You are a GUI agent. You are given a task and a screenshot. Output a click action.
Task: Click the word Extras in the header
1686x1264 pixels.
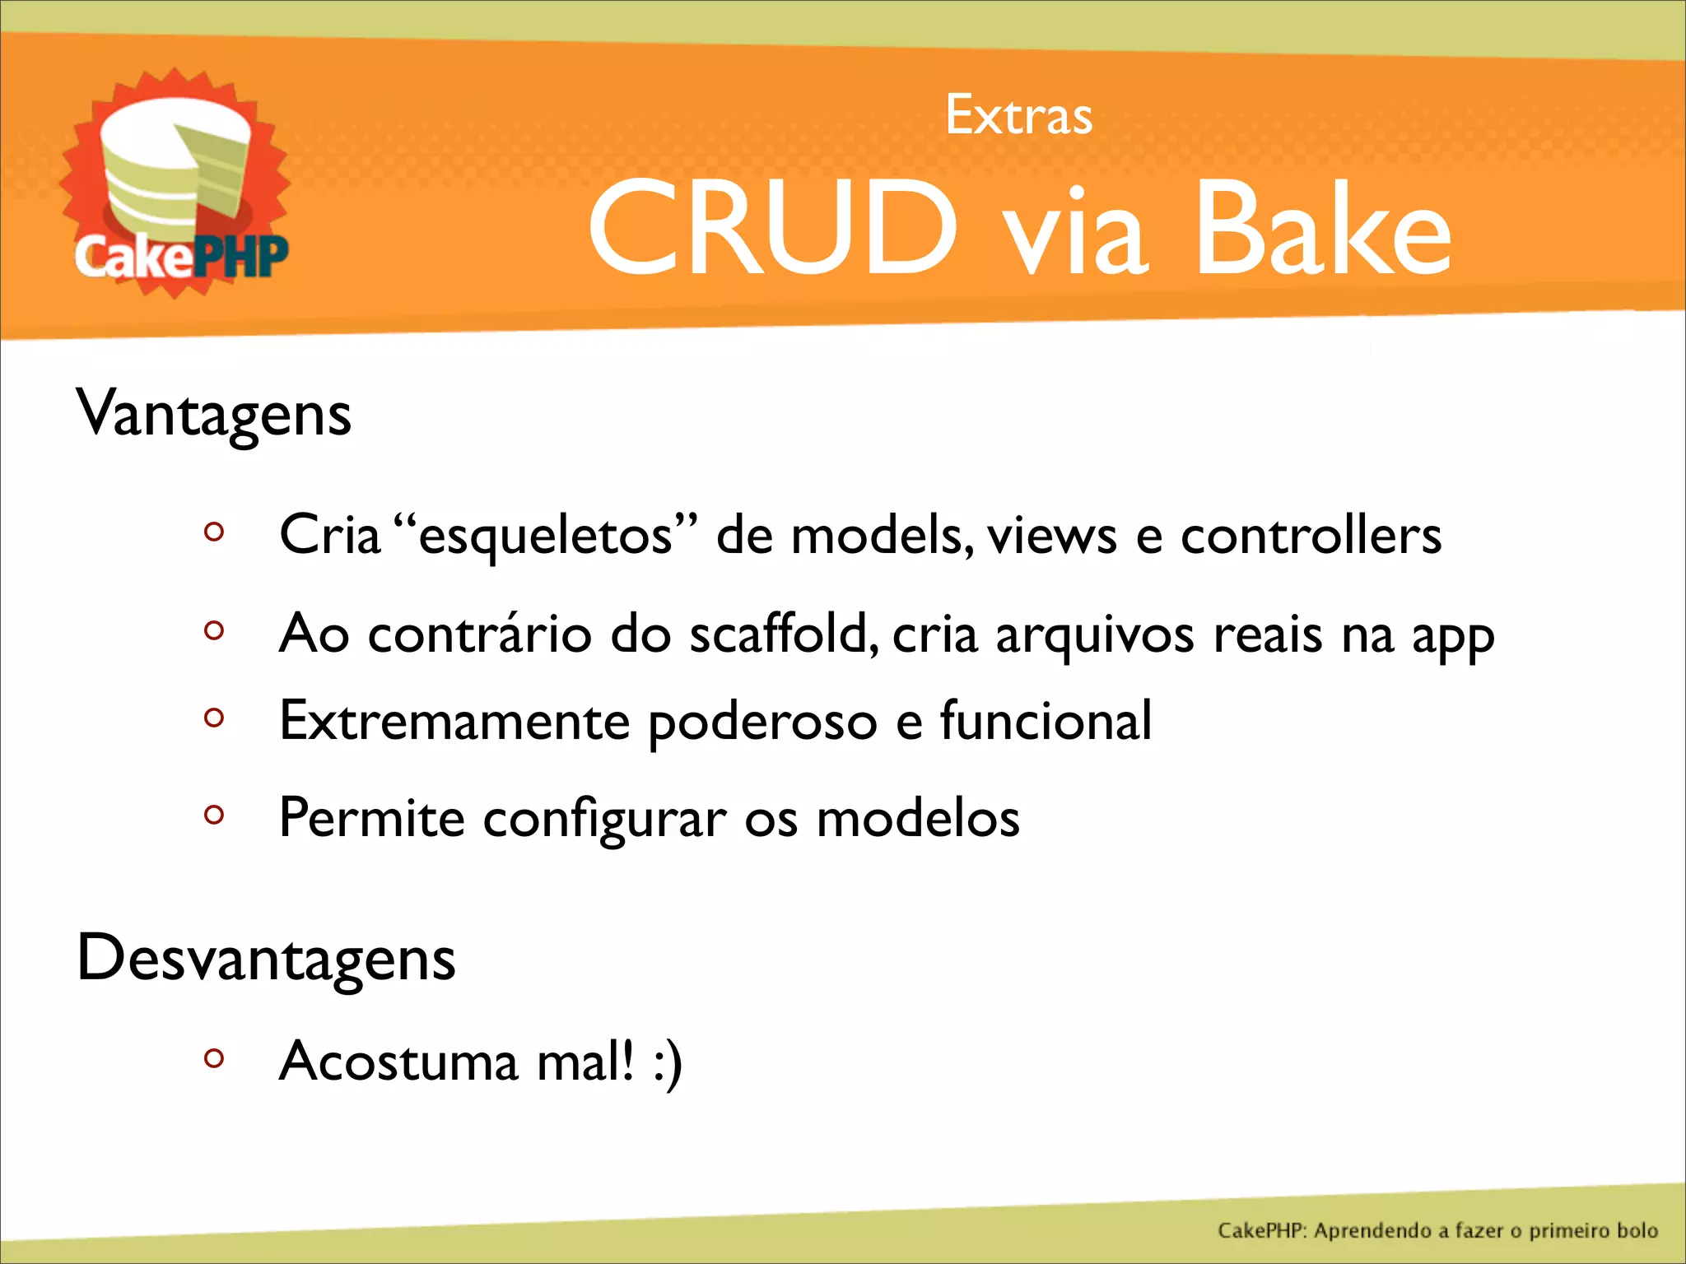point(1018,115)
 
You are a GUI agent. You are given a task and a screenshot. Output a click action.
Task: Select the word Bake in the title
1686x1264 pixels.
point(1322,228)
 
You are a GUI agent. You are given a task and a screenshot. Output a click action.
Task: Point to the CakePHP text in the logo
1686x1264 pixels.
point(181,257)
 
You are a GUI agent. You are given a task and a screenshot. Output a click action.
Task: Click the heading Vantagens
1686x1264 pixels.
point(214,414)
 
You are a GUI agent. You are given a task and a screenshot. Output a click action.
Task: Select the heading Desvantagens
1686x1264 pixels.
point(266,959)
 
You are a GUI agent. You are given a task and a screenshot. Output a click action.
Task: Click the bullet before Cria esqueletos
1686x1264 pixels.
point(214,532)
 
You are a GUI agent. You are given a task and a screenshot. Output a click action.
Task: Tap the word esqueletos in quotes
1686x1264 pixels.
point(546,536)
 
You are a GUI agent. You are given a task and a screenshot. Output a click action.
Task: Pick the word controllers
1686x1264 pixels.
point(1311,536)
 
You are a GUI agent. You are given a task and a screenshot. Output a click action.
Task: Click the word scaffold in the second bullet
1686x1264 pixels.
point(777,634)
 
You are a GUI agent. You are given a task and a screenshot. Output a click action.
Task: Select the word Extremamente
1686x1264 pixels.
point(454,722)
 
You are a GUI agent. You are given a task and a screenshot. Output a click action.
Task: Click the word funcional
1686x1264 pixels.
point(1046,722)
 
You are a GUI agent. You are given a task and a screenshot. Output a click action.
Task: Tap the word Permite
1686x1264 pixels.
point(372,818)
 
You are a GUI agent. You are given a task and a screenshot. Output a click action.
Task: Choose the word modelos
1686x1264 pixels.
point(918,820)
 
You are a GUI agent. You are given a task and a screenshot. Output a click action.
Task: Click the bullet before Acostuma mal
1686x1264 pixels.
point(214,1058)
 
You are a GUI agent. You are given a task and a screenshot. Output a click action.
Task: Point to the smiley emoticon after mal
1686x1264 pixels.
point(668,1062)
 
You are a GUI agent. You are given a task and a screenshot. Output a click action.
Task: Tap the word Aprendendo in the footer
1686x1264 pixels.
point(1372,1231)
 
